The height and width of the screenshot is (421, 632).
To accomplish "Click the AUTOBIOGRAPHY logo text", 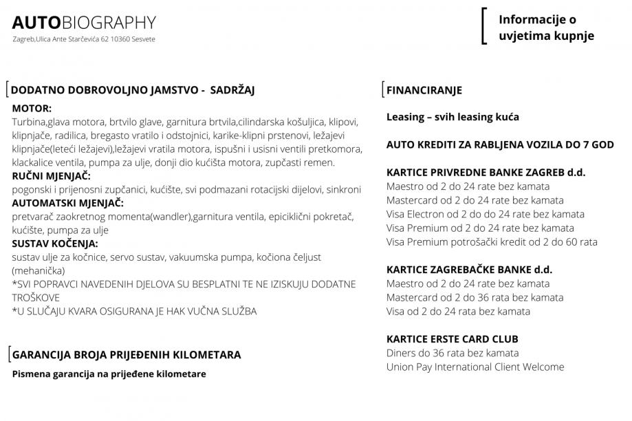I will pos(84,23).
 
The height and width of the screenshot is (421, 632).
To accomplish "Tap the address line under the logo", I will pos(84,39).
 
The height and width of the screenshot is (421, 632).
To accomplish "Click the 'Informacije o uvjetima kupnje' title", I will pos(546,28).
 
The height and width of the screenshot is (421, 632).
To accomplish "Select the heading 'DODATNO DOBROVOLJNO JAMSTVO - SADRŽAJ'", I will pos(133,89).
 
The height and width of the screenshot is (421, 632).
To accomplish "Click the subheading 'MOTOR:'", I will pos(32,108).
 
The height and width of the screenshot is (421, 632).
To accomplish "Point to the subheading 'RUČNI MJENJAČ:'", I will pos(51,175).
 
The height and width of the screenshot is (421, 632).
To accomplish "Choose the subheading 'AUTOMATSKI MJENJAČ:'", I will pos(67,203).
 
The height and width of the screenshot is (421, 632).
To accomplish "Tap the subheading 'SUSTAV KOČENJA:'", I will pos(55,244).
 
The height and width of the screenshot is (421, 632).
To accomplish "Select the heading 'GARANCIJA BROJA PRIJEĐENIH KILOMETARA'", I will pos(127,355).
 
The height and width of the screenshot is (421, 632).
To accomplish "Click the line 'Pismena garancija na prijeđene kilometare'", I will pos(109,374).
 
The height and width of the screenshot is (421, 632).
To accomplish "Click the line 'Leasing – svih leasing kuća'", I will pos(453,117).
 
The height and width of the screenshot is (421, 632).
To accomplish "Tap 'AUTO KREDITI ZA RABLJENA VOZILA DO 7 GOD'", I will pos(500,145).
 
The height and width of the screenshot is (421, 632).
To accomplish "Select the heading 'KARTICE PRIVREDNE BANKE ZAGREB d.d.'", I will pos(486,173).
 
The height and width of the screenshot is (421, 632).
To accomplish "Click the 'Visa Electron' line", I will pos(485,214).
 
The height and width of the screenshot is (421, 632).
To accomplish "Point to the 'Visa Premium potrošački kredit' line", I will pos(492,241).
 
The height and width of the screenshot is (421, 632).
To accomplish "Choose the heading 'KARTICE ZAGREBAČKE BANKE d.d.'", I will pos(469,270).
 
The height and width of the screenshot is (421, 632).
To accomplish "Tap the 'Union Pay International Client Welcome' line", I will pos(475,367).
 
